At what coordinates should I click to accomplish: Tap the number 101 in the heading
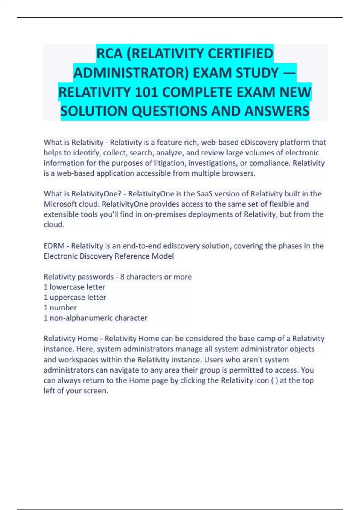(146, 92)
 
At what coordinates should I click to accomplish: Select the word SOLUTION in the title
(94, 111)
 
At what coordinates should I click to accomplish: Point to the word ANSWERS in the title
(277, 111)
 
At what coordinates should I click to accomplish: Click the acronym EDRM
(54, 246)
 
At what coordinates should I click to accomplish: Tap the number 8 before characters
(122, 277)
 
